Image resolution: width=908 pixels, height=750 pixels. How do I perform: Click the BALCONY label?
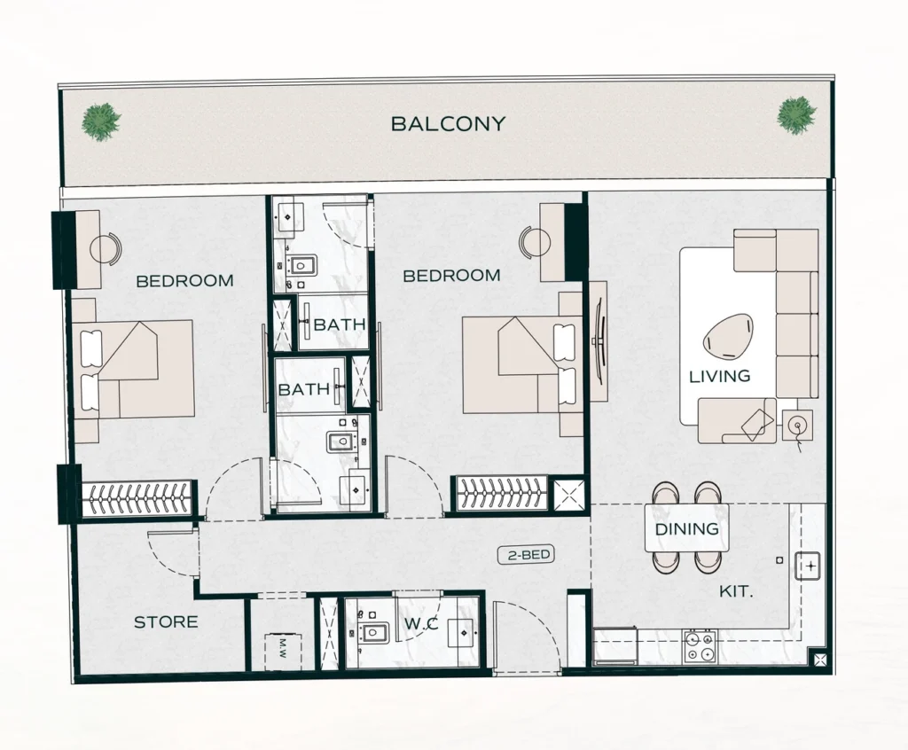(x=448, y=124)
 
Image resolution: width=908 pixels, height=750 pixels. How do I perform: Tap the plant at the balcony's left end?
(x=100, y=121)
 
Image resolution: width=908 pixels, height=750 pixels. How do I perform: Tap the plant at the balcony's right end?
(x=796, y=115)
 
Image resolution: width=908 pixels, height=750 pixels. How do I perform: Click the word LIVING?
(x=719, y=377)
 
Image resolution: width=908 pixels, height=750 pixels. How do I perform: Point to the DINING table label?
(x=686, y=529)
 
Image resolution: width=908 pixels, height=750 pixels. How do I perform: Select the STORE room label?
(x=166, y=622)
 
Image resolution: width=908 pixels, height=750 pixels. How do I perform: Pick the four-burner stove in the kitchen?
(x=699, y=646)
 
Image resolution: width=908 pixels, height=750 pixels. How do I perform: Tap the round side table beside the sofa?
(x=797, y=425)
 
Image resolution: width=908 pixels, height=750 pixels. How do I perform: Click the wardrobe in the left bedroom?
(x=137, y=498)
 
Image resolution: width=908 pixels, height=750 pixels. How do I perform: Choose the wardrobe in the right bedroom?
(x=501, y=494)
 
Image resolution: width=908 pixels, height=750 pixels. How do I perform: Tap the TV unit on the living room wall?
(x=598, y=341)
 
